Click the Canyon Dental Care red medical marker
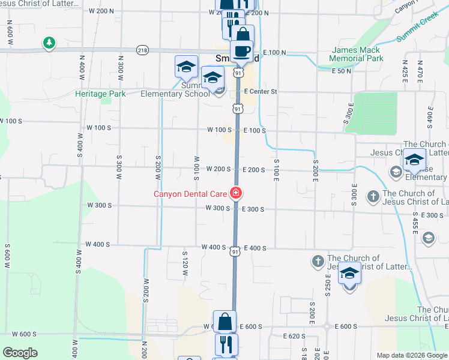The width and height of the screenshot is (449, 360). click(x=237, y=193)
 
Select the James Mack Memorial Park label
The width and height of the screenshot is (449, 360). click(x=356, y=55)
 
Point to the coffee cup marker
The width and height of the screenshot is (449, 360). click(x=242, y=52)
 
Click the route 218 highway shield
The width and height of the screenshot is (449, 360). click(x=142, y=50)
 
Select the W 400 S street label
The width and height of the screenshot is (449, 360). click(x=214, y=247)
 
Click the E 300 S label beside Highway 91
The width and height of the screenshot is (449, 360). click(x=254, y=209)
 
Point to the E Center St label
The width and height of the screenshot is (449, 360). click(x=261, y=92)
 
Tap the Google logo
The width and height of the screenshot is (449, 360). click(x=20, y=353)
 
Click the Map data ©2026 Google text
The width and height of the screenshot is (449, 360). click(x=411, y=355)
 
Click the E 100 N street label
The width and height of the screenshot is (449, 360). click(x=274, y=53)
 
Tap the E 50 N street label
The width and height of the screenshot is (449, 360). click(x=342, y=71)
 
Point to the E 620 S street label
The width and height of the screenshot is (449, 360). click(x=292, y=337)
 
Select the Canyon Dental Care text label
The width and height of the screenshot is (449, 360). click(x=190, y=194)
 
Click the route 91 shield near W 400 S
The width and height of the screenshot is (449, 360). click(x=235, y=253)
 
